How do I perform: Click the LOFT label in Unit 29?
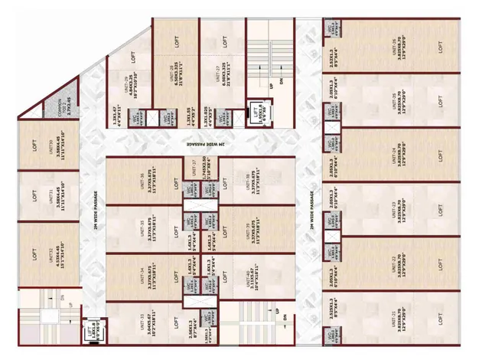(x=134, y=57)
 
